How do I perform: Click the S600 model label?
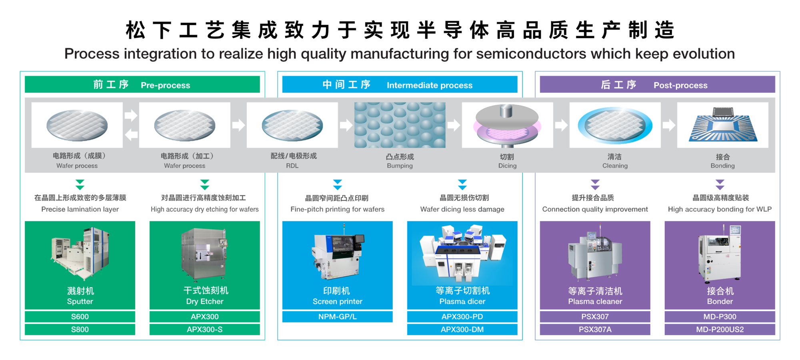(x=80, y=316)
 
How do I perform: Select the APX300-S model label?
(x=204, y=329)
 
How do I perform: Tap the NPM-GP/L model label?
(x=337, y=316)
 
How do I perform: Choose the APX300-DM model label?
(x=462, y=329)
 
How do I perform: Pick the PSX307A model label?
(x=595, y=329)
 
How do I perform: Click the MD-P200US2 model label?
(x=720, y=329)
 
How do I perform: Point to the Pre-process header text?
(x=165, y=85)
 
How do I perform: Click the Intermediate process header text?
(x=430, y=85)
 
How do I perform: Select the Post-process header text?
(x=680, y=85)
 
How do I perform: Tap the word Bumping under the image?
(x=400, y=166)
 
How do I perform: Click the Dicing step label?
(x=507, y=166)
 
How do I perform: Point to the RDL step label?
(x=292, y=166)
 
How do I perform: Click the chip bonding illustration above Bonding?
(x=723, y=124)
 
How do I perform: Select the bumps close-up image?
(x=400, y=125)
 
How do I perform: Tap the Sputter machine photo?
(x=80, y=253)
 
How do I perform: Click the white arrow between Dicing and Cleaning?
(x=561, y=125)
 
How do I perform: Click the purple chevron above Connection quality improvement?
(x=595, y=184)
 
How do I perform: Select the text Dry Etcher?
(x=204, y=301)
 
